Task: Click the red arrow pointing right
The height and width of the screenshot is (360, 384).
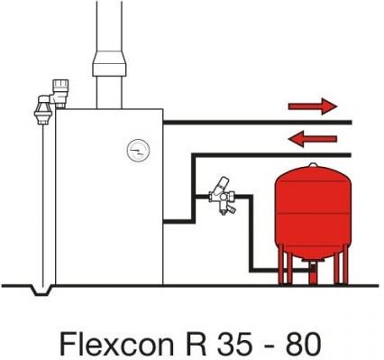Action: point(312,107)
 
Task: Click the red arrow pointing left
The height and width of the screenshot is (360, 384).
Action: point(312,138)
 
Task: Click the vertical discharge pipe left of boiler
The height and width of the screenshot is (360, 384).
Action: point(42,198)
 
